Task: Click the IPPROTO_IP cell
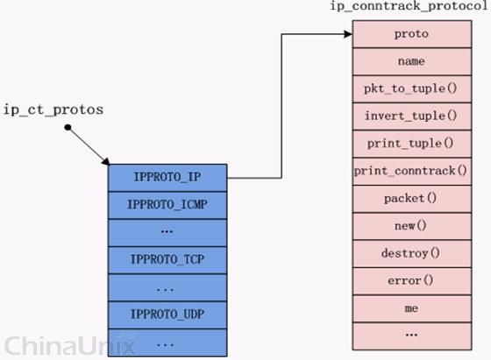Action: click(x=167, y=178)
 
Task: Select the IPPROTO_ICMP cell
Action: click(x=167, y=205)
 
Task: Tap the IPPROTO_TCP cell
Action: click(x=167, y=260)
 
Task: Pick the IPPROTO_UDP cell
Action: click(x=167, y=315)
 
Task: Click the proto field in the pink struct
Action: click(x=412, y=34)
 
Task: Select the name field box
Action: click(x=412, y=61)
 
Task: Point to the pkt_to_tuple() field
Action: click(x=412, y=88)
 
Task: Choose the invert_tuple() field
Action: click(x=412, y=116)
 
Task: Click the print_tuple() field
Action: click(x=412, y=144)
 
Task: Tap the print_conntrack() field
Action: click(x=412, y=172)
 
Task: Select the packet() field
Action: click(x=412, y=199)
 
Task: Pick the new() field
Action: click(x=412, y=226)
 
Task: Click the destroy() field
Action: click(x=412, y=254)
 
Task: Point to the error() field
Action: click(x=412, y=281)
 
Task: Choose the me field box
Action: click(x=412, y=308)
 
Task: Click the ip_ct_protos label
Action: click(x=53, y=110)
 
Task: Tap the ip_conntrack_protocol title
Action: click(x=409, y=6)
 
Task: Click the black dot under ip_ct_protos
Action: click(x=68, y=127)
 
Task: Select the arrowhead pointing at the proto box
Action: click(x=349, y=34)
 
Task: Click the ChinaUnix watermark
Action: click(x=69, y=346)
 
